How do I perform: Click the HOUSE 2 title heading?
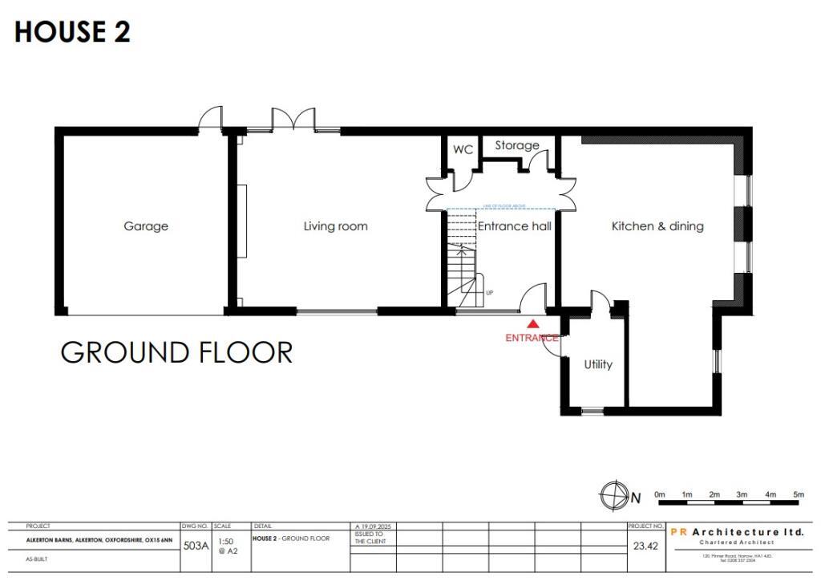72,32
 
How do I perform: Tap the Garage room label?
146,226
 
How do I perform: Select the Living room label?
335,226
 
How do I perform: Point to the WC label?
463,150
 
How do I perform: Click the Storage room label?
516,145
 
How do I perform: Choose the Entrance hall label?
515,226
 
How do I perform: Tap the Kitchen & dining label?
657,226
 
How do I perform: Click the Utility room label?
598,364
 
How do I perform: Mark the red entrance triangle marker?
533,323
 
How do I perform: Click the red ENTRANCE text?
532,338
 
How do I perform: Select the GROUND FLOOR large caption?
176,352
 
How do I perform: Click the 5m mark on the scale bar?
798,494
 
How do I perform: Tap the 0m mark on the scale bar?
660,494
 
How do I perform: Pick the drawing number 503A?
196,546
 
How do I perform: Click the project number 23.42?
645,546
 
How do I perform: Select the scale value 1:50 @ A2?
228,546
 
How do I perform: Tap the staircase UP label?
489,293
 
